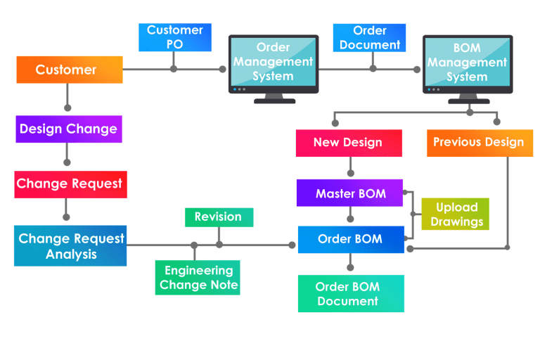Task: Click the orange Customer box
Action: pos(69,70)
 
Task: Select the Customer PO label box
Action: pos(175,37)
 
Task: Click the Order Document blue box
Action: pos(369,37)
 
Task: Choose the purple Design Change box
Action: pos(68,129)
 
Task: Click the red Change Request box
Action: pos(70,184)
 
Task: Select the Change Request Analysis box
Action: pos(70,246)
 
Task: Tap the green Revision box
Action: pos(218,217)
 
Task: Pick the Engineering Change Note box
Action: pos(198,278)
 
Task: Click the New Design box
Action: pos(348,143)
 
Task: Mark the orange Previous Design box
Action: pos(478,143)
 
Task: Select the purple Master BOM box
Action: pos(350,193)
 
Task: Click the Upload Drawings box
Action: pos(456,214)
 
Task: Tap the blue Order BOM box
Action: pos(350,239)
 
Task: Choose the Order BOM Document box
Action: pos(350,294)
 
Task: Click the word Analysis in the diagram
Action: pos(71,255)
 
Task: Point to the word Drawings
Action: pos(456,222)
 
